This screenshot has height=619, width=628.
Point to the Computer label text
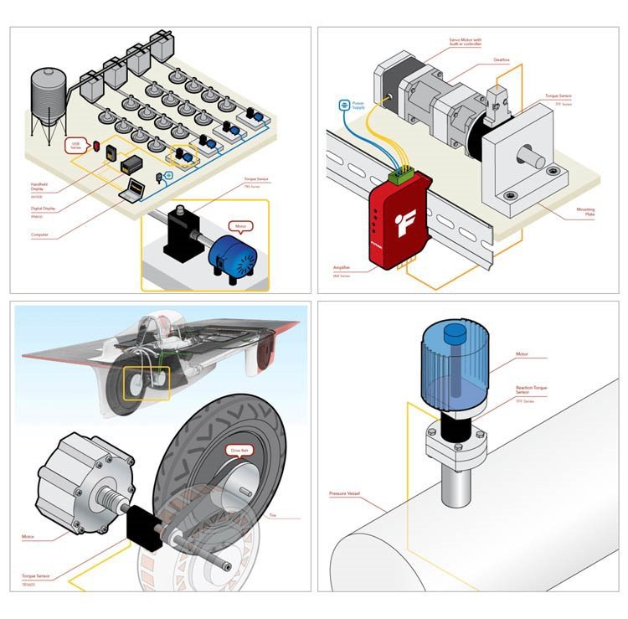39,235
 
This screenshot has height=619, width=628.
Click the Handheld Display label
41,187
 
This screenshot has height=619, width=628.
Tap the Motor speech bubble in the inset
239,226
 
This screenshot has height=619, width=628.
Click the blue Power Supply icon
344,106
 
